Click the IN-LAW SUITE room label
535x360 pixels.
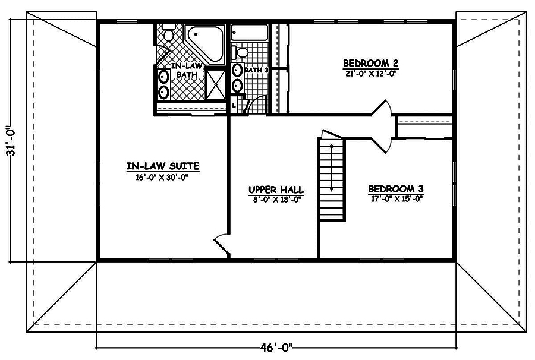pyautogui.click(x=162, y=166)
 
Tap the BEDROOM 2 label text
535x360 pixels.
pyautogui.click(x=370, y=63)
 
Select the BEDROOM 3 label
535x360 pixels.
pyautogui.click(x=395, y=189)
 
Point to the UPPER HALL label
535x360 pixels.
pyautogui.click(x=276, y=190)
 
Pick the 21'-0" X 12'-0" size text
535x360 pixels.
pyautogui.click(x=370, y=74)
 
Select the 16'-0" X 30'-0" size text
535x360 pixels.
pyautogui.click(x=162, y=176)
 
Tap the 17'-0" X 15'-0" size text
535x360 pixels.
pyautogui.click(x=395, y=200)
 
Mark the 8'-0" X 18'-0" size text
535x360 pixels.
pyautogui.click(x=276, y=200)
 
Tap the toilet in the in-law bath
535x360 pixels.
pyautogui.click(x=169, y=34)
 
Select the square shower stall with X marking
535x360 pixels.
pyautogui.click(x=216, y=84)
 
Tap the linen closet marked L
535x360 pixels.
pyautogui.click(x=234, y=105)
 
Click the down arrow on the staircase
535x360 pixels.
pyautogui.click(x=331, y=178)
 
